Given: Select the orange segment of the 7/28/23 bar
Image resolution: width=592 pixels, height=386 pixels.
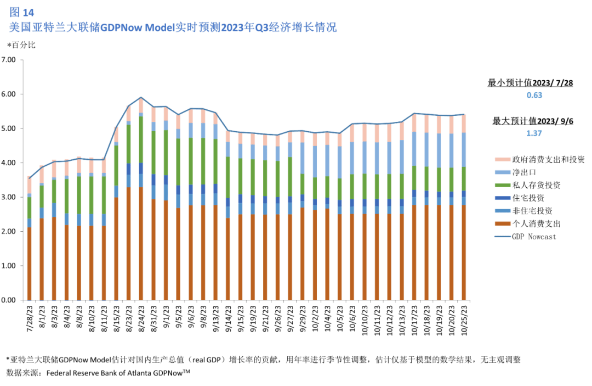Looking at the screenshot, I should coord(29,264).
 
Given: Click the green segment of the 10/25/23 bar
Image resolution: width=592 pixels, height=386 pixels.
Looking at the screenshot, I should coord(464,178).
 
